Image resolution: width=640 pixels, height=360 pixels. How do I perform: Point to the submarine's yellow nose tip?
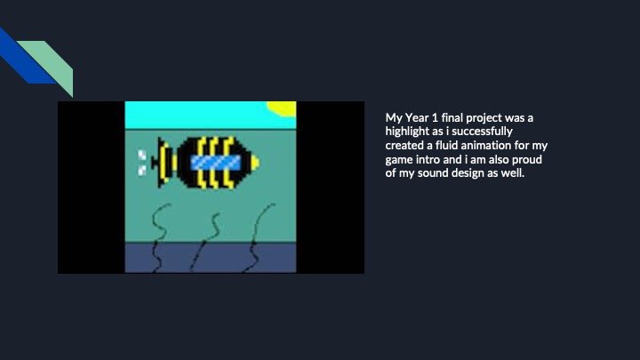[254, 162]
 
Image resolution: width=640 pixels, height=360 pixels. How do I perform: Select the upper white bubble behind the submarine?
[142, 156]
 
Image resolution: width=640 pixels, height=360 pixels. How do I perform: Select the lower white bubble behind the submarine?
[142, 167]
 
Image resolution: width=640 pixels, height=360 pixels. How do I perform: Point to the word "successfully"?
[482, 132]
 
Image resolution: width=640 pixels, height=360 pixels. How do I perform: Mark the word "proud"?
[527, 159]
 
